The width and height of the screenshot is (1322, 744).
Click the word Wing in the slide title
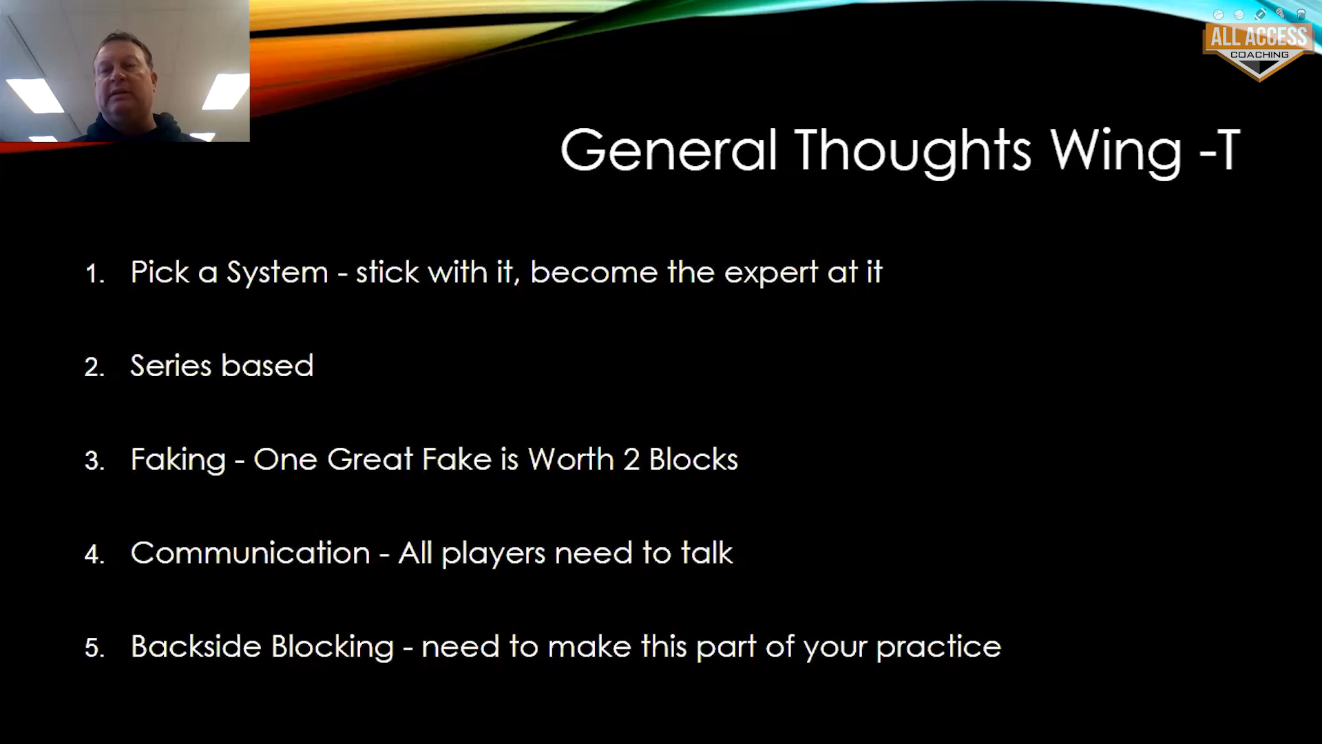tap(1116, 151)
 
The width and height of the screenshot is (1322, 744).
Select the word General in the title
tap(669, 149)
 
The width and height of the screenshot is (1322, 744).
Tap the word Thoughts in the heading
tap(913, 150)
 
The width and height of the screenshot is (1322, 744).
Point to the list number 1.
tap(94, 274)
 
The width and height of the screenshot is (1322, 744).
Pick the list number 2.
tap(94, 367)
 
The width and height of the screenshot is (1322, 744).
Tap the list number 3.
tap(94, 461)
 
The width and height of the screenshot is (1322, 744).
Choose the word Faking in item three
tap(178, 460)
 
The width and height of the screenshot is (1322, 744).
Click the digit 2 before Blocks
tap(631, 459)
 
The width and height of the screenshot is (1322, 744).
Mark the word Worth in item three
tap(571, 459)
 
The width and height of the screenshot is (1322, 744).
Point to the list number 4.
tap(94, 555)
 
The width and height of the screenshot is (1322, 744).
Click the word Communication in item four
tap(251, 552)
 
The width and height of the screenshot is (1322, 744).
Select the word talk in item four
tap(707, 552)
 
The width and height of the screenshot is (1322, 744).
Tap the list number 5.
tap(94, 648)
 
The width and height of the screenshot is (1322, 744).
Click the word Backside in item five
tap(193, 646)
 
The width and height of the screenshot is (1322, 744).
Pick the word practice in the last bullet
tap(938, 648)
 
